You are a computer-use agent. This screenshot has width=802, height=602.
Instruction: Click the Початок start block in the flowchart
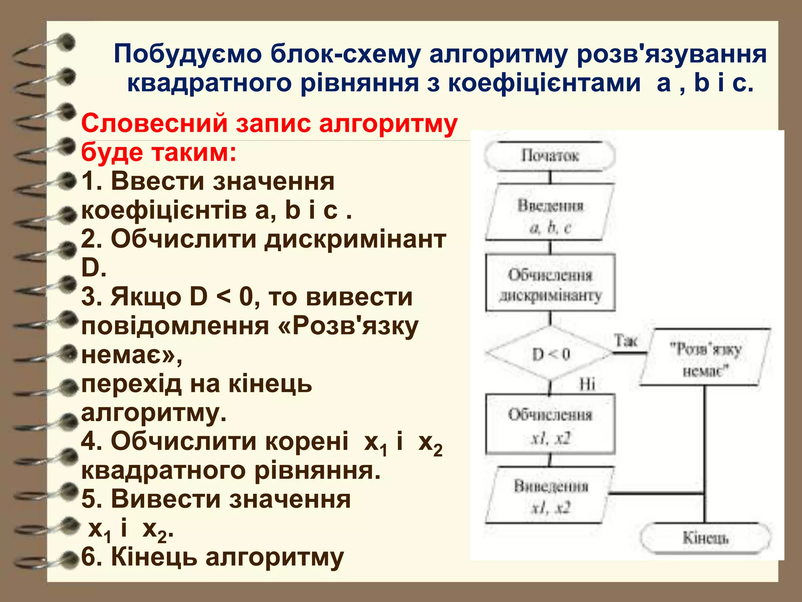tap(549, 156)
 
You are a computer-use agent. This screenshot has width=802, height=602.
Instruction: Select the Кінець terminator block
tap(705, 538)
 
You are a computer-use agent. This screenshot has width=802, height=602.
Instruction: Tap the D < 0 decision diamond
tap(549, 354)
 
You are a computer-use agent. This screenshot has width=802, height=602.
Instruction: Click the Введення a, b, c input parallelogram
tap(549, 216)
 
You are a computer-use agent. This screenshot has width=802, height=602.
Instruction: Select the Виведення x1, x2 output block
tap(549, 497)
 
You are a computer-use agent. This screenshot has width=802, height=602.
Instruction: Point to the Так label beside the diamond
tap(625, 341)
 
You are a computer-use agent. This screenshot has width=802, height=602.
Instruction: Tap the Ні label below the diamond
tap(587, 384)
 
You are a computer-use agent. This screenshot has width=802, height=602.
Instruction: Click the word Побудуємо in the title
tap(188, 54)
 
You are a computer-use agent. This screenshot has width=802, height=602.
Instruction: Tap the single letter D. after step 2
tap(94, 268)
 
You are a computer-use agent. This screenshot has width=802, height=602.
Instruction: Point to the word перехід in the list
tap(131, 384)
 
